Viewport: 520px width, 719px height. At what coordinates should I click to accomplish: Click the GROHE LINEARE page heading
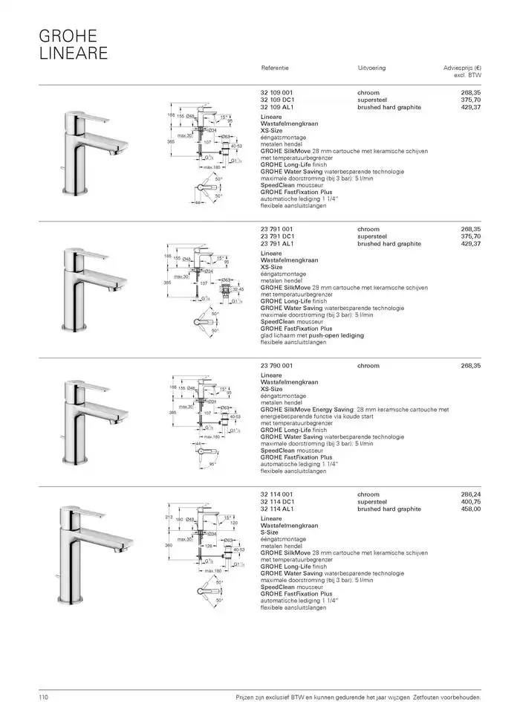tap(73, 44)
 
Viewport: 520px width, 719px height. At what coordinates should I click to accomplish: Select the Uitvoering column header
tap(371, 68)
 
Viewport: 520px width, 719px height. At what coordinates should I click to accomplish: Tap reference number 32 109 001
tap(276, 93)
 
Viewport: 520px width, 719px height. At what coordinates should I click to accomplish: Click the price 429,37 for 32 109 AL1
tap(470, 107)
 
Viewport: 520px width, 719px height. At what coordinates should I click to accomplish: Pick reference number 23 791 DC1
tap(278, 236)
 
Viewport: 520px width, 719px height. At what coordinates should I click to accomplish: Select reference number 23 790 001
tap(276, 366)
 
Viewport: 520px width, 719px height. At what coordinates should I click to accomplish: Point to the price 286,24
tap(470, 494)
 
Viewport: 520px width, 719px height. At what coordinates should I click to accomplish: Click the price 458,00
tap(470, 509)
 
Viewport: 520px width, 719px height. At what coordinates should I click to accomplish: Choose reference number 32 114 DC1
tap(278, 502)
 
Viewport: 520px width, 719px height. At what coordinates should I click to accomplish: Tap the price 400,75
tap(470, 502)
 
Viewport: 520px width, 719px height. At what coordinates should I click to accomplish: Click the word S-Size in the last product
tap(269, 532)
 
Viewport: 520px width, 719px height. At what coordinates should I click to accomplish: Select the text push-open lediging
tap(337, 335)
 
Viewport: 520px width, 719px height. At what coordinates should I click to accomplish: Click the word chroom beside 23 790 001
tap(368, 366)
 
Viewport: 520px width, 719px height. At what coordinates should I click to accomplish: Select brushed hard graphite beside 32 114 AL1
tap(389, 509)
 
